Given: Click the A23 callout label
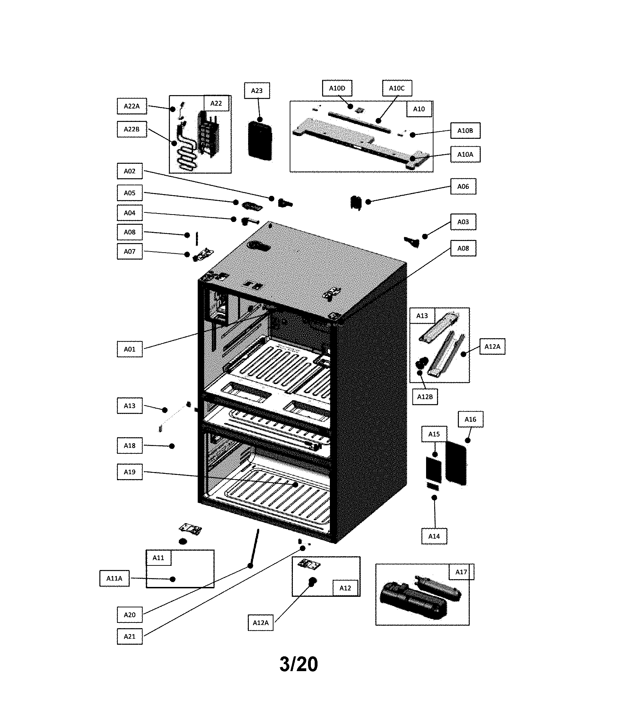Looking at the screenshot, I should coord(257,91).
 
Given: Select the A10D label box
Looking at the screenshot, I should coord(337,88).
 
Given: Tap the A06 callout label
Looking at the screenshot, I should coord(463,186).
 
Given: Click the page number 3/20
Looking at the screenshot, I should coord(299,664).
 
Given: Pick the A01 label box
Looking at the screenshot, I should coord(130,349).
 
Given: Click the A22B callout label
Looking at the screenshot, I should coord(131,129).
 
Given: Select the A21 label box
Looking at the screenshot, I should coord(130,637).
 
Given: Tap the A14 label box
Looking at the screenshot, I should coord(434,536).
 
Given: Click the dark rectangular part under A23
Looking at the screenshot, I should coord(260,140).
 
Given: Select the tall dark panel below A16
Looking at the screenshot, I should coord(456,463).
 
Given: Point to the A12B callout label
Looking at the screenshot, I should coord(425,397).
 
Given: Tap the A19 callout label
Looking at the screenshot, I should coord(130,472).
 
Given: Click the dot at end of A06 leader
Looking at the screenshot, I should coord(368,202).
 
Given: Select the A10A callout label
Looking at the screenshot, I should coord(465,154).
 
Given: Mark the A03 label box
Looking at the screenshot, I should coord(463,222).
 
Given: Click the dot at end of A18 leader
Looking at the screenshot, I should coord(172,446).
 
